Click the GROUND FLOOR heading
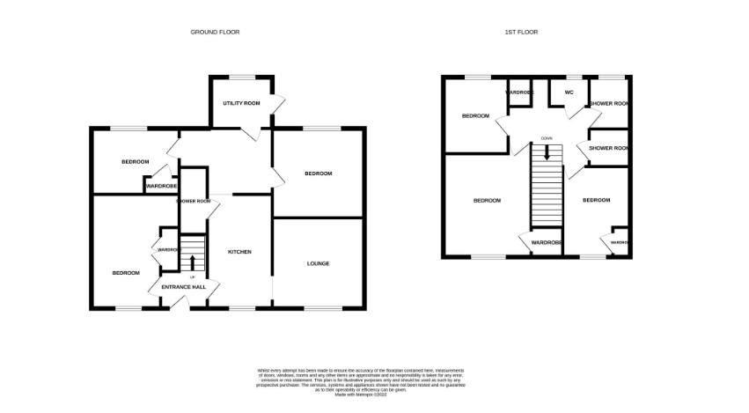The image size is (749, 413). [x=215, y=32]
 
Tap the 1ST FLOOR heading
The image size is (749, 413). [x=520, y=32]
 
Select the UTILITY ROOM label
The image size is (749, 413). [x=241, y=103]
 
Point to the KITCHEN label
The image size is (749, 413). [x=240, y=252]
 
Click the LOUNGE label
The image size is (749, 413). [x=319, y=262]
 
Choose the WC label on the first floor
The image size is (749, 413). [x=569, y=92]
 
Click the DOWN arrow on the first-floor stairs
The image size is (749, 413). [x=547, y=151]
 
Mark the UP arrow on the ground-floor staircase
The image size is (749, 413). [x=192, y=262]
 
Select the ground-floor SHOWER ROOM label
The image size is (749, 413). [x=193, y=202]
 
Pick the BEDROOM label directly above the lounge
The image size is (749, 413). [x=319, y=173]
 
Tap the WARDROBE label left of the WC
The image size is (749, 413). [x=518, y=92]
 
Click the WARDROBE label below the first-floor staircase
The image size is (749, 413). [x=547, y=242]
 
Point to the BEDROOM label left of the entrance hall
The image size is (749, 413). [x=126, y=273]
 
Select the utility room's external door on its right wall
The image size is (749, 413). [x=278, y=104]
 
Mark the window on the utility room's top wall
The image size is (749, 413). [x=240, y=77]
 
